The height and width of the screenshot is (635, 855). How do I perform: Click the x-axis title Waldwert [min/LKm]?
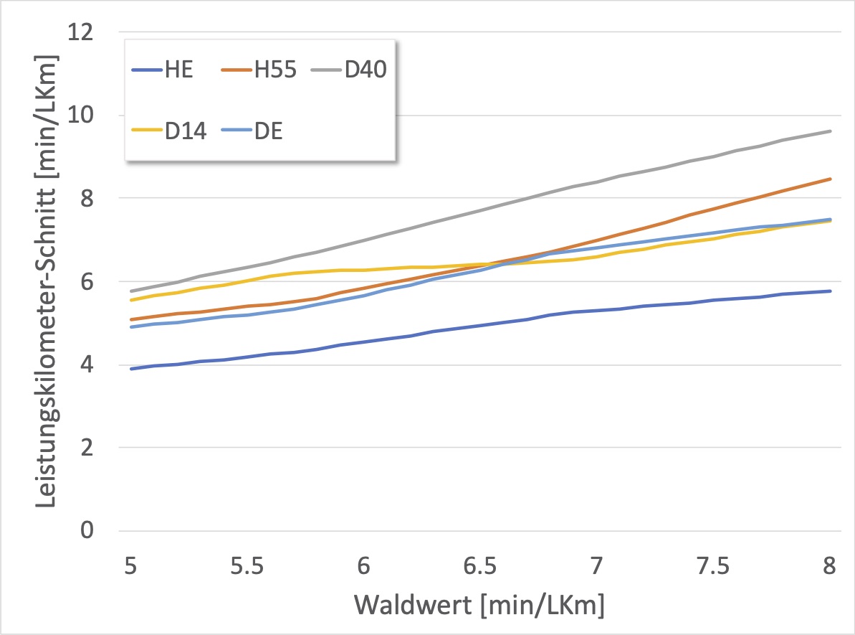pyautogui.click(x=479, y=606)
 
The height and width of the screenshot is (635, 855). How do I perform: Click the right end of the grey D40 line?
pyautogui.click(x=831, y=131)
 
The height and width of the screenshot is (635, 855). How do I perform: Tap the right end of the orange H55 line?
pyautogui.click(x=831, y=179)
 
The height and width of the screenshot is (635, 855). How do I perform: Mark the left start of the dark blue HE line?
pyautogui.click(x=131, y=369)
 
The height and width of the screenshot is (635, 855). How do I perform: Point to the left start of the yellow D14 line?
pyautogui.click(x=131, y=300)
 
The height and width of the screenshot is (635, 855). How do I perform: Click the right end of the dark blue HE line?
pyautogui.click(x=831, y=291)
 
